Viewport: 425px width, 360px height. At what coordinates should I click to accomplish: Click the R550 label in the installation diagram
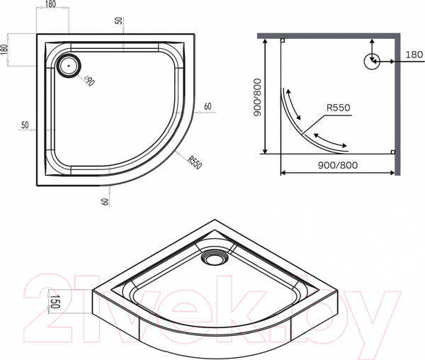pos(338,108)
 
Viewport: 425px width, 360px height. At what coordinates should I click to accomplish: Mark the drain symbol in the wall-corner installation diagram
pos(371,62)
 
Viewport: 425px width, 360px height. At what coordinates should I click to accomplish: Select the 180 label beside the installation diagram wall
pos(414,55)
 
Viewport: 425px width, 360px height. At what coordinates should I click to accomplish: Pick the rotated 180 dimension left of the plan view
pos(6,51)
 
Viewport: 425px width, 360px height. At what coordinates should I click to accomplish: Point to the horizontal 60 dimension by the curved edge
pos(208,107)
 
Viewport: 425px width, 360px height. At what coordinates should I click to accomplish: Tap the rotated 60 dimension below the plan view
pos(105,201)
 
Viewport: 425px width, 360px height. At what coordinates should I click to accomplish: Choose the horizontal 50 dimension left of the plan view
pos(25,125)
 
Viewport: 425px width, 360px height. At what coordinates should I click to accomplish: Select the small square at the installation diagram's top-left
pos(282,41)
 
